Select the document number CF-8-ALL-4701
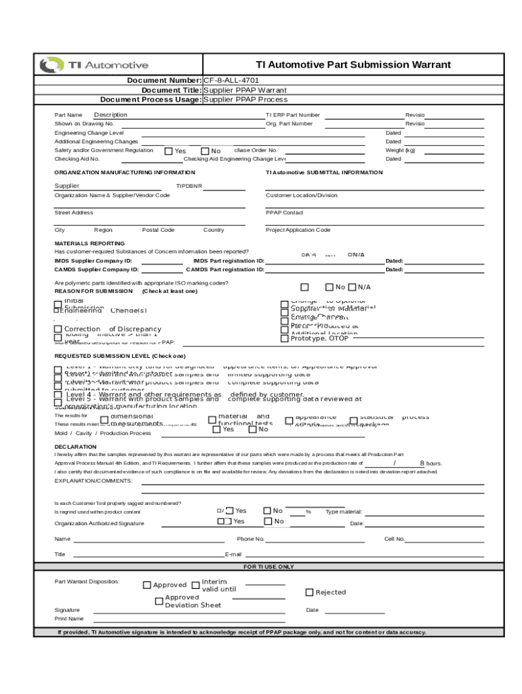231,81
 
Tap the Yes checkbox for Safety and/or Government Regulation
169,151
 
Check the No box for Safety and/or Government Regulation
205,151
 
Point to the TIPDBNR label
189,186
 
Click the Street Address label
73,213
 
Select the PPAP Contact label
284,213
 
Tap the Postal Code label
158,230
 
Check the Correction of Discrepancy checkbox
58,329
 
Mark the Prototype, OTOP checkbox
285,338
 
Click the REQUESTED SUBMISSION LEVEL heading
119,356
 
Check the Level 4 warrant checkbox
58,395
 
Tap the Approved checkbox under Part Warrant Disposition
147,585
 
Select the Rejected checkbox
310,592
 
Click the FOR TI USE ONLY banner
268,567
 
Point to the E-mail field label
233,554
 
